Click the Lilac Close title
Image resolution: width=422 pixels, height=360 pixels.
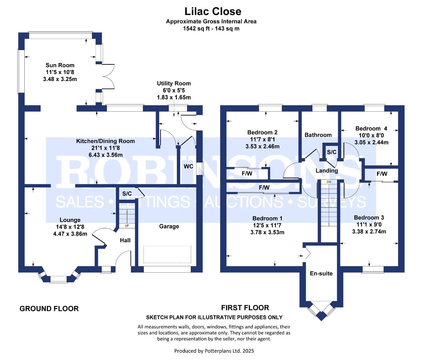213,11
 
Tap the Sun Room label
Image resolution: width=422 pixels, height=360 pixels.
60,65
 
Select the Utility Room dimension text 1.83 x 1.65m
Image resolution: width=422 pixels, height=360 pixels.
174,97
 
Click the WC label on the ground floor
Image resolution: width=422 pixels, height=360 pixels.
188,166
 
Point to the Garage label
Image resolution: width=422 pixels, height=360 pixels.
169,226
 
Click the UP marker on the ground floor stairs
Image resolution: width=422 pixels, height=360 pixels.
127,226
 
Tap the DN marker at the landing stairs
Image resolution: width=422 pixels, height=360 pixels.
329,182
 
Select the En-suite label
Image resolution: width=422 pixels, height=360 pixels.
321,273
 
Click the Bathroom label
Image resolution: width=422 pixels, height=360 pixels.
318,135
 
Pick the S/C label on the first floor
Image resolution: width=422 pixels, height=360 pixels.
331,152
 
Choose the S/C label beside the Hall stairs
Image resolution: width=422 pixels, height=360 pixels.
127,194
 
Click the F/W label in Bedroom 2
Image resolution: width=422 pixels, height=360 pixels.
247,173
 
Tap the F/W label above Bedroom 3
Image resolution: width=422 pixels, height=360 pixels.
382,174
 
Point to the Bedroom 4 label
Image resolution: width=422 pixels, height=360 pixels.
371,129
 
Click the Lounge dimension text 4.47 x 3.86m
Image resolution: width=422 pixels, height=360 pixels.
70,234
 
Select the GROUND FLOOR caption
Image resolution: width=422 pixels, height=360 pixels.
49,309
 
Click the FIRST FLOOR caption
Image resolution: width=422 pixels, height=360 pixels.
245,308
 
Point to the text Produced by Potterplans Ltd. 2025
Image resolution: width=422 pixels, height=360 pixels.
214,351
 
